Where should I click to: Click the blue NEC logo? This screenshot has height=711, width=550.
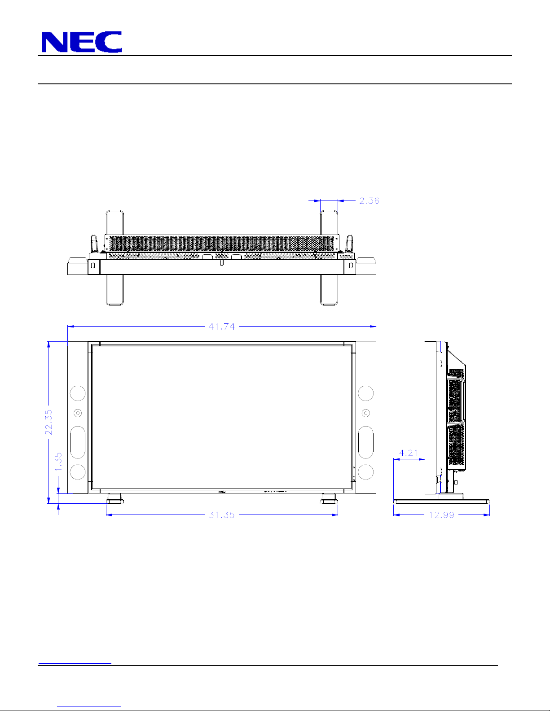tap(82, 42)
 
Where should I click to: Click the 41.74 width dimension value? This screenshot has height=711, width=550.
tap(222, 327)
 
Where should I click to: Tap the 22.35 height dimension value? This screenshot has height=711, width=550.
tap(48, 422)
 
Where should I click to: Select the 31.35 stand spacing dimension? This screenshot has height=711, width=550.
tap(222, 515)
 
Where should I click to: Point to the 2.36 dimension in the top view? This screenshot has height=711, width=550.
tap(369, 201)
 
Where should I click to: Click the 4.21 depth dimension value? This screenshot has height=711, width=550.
tap(409, 453)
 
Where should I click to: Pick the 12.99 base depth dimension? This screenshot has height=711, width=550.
tap(442, 515)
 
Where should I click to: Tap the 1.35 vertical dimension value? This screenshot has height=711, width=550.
tap(58, 462)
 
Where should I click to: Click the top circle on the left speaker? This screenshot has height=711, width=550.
tap(78, 393)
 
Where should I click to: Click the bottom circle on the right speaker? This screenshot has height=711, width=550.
tap(365, 471)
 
